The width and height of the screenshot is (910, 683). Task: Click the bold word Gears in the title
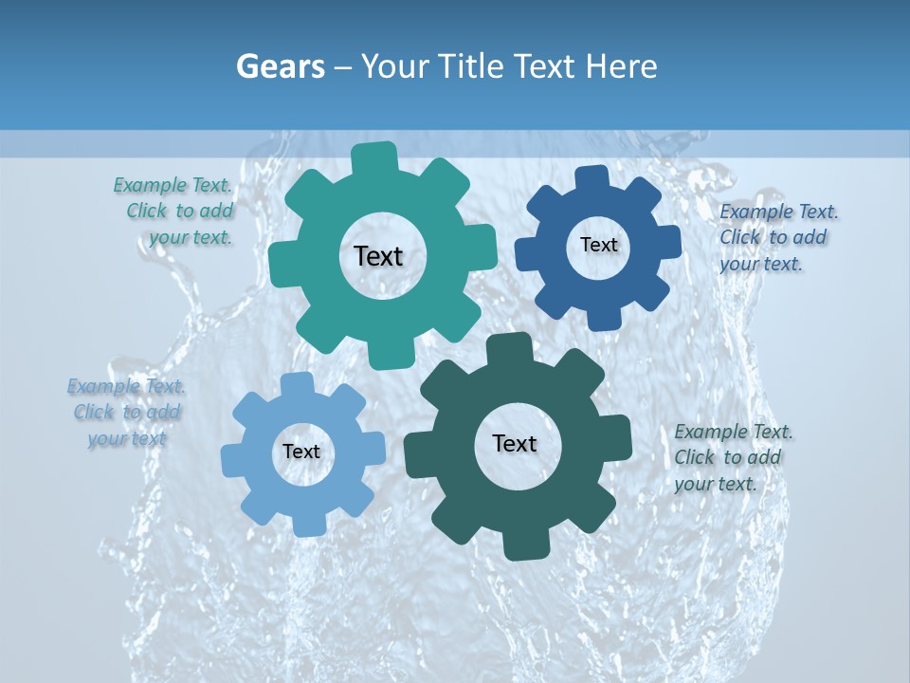click(281, 66)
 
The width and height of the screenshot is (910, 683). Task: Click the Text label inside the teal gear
click(378, 256)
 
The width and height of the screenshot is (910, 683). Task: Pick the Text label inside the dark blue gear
click(598, 245)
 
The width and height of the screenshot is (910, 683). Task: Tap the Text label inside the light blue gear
click(301, 452)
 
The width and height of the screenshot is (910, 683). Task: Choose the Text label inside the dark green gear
click(515, 443)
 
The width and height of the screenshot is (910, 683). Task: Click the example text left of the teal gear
click(174, 212)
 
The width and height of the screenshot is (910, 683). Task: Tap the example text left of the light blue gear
click(125, 413)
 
